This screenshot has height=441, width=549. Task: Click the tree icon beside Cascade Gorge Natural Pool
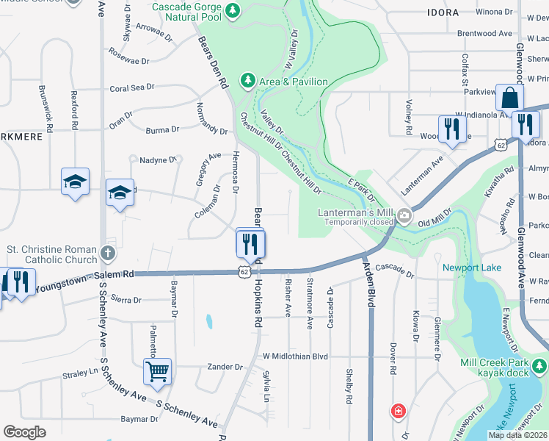click(x=233, y=10)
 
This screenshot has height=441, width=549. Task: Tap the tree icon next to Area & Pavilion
click(x=248, y=79)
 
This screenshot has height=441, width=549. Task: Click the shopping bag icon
click(x=509, y=98)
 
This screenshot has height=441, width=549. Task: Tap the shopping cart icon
click(x=157, y=371)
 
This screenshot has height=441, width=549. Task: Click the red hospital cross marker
click(x=398, y=410)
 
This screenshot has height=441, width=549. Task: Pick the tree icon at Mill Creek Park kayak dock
click(x=540, y=365)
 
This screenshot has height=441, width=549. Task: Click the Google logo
click(x=24, y=431)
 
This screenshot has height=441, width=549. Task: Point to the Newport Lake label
click(x=472, y=268)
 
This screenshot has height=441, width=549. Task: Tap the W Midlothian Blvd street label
click(x=295, y=356)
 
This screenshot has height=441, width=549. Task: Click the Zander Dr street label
click(x=225, y=367)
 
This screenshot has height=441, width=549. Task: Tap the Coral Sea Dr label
click(x=132, y=87)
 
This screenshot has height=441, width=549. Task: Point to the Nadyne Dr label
click(x=158, y=159)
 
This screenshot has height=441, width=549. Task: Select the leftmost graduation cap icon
click(x=75, y=182)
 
